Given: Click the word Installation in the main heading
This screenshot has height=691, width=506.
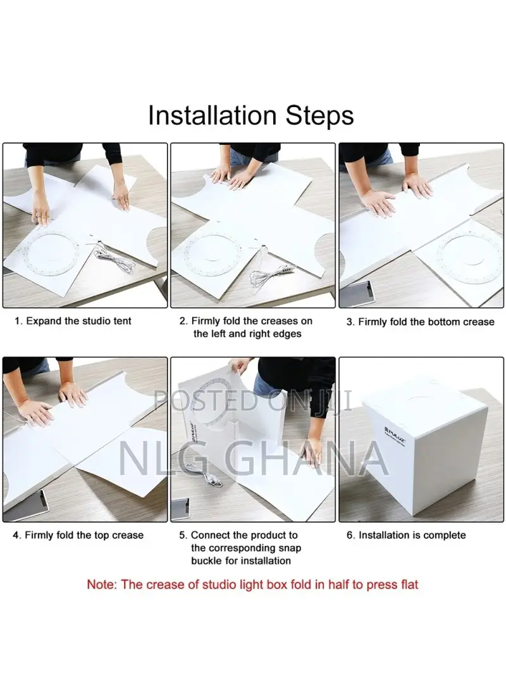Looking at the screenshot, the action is coord(212,115).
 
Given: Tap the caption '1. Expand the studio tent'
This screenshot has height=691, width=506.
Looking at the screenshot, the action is coord(73,321).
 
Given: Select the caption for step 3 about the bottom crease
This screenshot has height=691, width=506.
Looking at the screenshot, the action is coord(420,322).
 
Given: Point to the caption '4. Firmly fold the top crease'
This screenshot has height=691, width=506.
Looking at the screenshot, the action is coord(78,535).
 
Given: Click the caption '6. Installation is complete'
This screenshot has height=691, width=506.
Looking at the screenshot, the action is coord(406,535).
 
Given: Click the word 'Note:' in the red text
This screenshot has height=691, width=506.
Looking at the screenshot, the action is coord(102,585).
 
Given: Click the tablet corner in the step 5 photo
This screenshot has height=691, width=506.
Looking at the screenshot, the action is coord(180,509).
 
